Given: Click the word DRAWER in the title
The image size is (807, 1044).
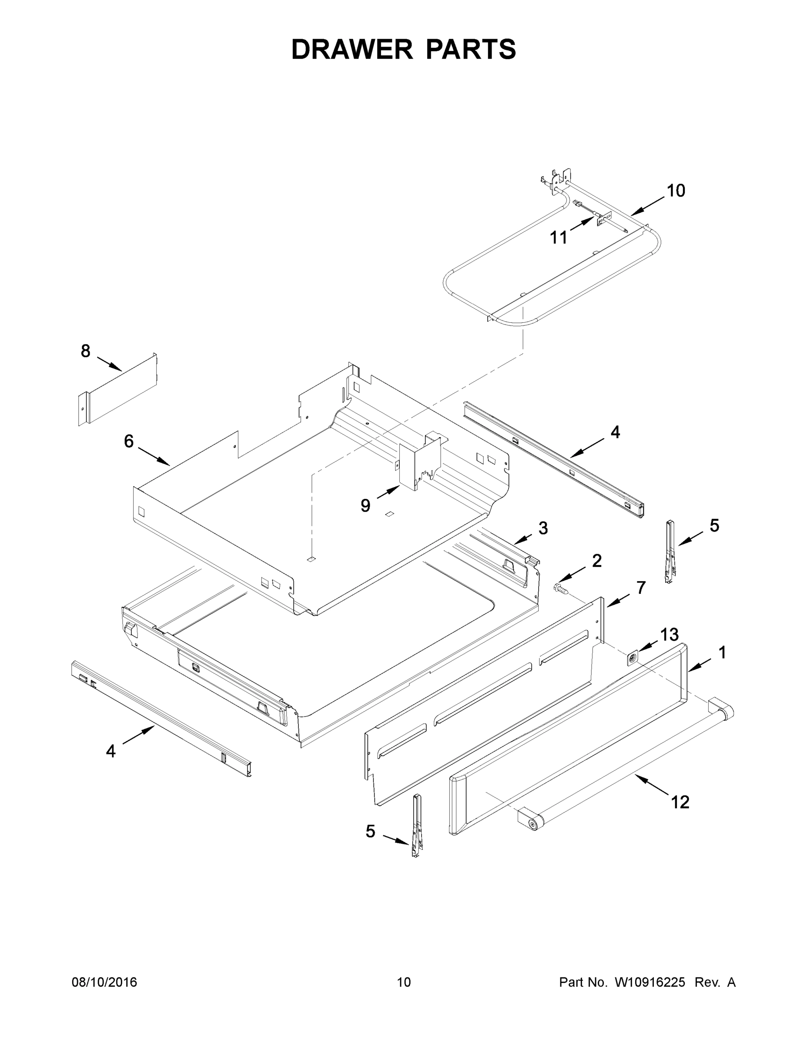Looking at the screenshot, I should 352,49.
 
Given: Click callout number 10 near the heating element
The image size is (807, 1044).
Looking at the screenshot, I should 676,191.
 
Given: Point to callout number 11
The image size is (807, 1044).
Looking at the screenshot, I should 559,237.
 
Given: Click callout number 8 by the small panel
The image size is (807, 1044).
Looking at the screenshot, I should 86,351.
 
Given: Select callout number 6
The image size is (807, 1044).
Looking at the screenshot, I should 129,441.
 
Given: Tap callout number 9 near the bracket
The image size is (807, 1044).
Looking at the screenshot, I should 365,506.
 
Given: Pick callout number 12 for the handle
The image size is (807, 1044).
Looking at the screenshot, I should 680,802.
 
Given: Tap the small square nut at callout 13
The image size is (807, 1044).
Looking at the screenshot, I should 633,658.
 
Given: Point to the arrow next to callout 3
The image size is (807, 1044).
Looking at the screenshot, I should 523,539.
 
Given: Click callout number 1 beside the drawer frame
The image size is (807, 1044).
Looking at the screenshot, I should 722,652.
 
